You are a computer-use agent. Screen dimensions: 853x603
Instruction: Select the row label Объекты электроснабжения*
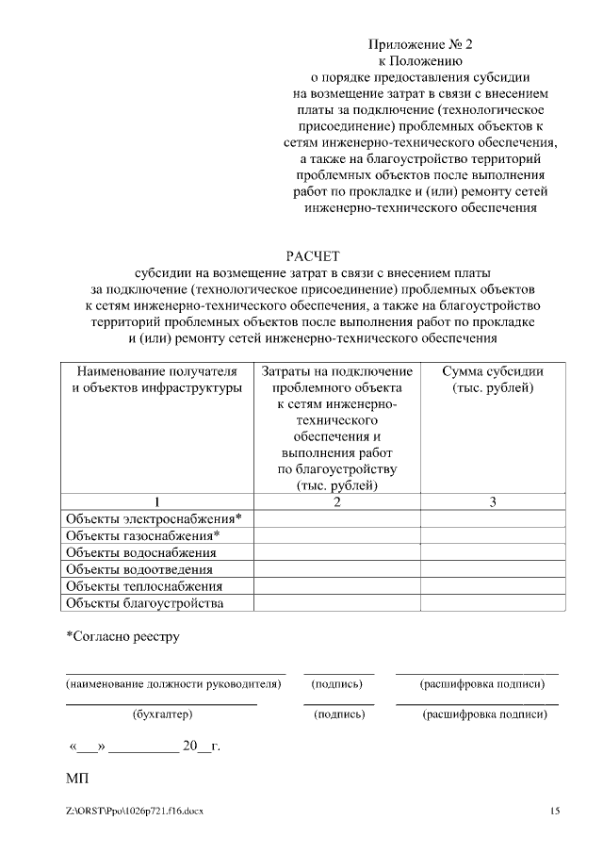click(154, 518)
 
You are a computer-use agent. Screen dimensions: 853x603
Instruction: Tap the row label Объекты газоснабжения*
click(142, 535)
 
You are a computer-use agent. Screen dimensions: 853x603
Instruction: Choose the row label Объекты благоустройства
click(145, 603)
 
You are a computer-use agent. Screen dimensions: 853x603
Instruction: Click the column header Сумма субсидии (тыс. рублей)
click(493, 379)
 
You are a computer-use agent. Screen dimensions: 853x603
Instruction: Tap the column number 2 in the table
click(336, 501)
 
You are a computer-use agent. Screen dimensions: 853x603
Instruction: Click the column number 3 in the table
click(493, 501)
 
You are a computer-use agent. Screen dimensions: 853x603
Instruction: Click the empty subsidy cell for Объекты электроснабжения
click(493, 518)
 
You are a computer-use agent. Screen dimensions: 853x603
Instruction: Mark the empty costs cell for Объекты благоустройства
click(336, 603)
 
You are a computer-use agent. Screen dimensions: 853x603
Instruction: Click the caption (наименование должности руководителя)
click(173, 683)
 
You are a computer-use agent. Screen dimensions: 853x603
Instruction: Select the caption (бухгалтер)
click(162, 714)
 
